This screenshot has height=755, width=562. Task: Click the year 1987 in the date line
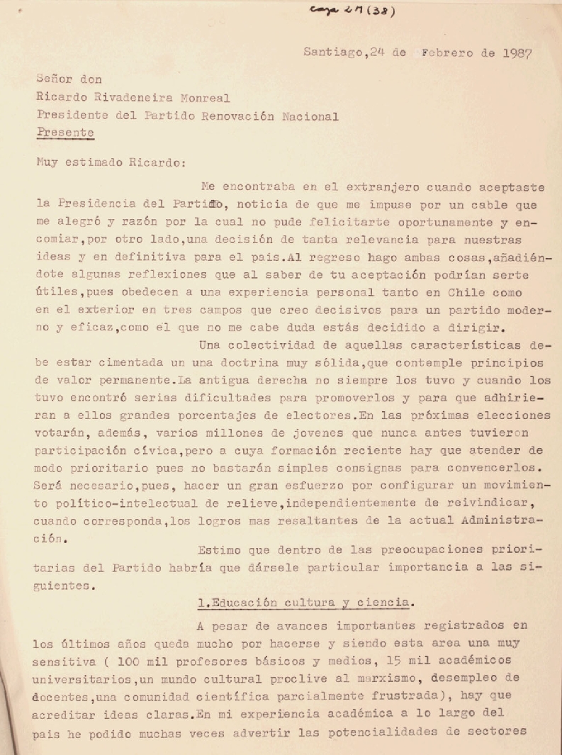click(515, 52)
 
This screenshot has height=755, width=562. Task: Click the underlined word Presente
click(65, 132)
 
